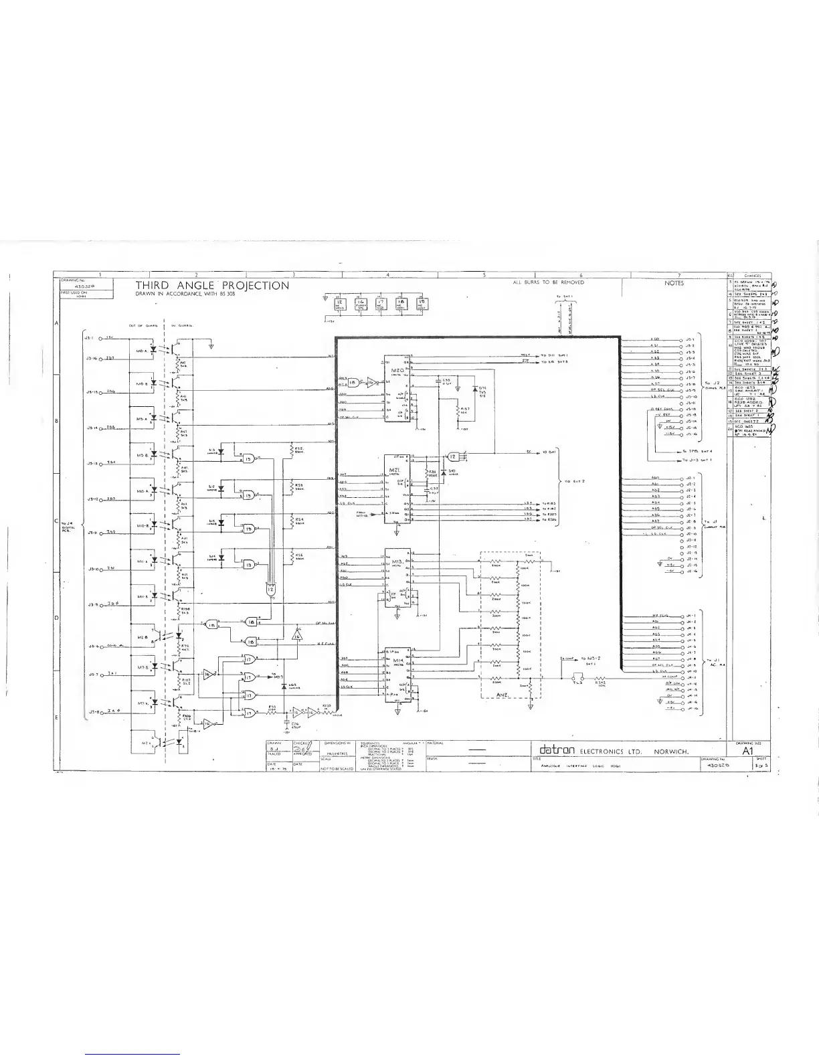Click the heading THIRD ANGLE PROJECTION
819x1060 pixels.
[213, 286]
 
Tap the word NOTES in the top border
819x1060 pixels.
[674, 283]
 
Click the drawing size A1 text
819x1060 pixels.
[749, 752]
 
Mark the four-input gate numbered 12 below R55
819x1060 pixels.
[270, 588]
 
